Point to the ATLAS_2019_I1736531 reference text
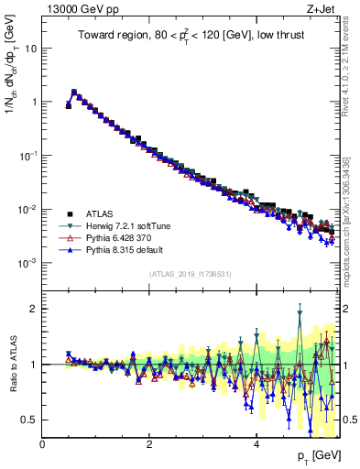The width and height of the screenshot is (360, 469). click(190, 274)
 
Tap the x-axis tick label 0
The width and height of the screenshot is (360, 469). click(42, 443)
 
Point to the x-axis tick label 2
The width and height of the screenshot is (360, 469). click(149, 443)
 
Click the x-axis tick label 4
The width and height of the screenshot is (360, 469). click(256, 443)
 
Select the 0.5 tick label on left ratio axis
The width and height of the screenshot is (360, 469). click(29, 420)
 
